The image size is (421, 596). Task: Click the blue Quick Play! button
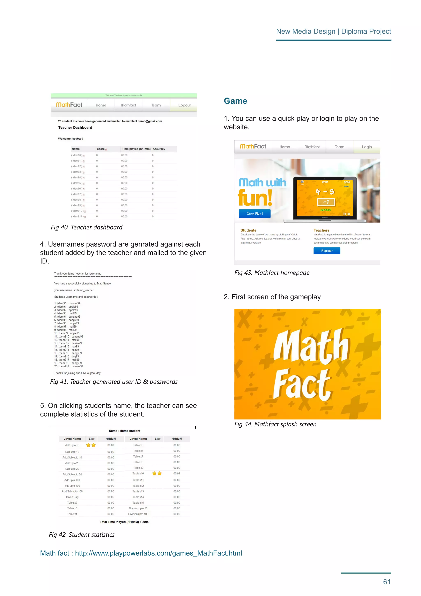click(x=254, y=214)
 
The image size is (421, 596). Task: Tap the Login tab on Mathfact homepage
click(x=367, y=147)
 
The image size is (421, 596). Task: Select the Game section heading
click(x=235, y=101)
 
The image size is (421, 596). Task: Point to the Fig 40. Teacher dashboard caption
click(x=87, y=227)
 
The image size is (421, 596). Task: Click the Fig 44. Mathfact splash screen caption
click(x=275, y=424)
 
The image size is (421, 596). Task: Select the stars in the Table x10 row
click(x=157, y=474)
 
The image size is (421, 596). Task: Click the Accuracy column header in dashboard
click(x=159, y=149)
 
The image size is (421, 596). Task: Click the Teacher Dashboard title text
click(x=75, y=127)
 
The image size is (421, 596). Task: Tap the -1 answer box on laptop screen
click(x=326, y=202)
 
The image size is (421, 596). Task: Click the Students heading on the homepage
click(x=248, y=230)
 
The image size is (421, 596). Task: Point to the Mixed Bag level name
click(x=72, y=497)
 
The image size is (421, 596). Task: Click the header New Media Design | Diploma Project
click(x=333, y=31)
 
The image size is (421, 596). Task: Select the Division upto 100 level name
click(x=138, y=514)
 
